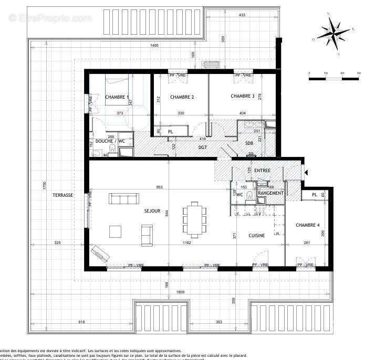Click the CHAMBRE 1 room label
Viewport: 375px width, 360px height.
point(117,97)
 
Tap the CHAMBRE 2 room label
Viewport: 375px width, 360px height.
point(182,97)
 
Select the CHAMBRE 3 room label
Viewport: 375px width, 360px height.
point(243,96)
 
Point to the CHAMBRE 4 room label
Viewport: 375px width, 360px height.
point(308,225)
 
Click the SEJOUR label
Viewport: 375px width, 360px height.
point(152,211)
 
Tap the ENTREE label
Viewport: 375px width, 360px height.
point(263,171)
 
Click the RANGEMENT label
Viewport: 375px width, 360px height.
point(271,193)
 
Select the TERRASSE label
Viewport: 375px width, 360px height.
point(62,195)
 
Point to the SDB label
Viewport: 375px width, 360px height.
point(249,142)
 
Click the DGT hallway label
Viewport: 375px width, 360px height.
point(203,147)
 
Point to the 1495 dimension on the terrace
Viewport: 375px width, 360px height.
point(154,46)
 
